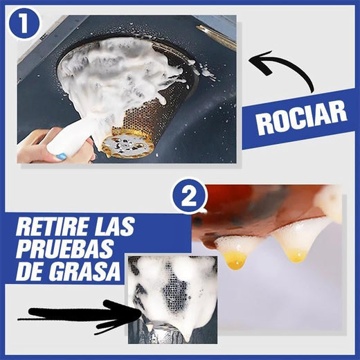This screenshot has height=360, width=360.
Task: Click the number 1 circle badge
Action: click(24, 24)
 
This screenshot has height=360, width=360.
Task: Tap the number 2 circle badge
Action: click(189, 196)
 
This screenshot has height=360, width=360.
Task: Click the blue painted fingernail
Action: click(62, 157)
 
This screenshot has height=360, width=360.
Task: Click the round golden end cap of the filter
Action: click(127, 145)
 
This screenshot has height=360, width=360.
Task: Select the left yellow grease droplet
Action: click(235, 260)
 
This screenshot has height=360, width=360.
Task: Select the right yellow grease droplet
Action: click(297, 255)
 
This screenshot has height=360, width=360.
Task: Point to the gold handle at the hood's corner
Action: click(216, 37)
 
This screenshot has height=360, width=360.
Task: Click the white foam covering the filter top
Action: click(111, 69)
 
